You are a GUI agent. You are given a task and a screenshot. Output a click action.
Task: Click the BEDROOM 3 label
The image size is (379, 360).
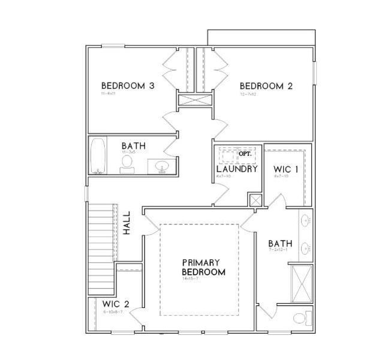(x=128, y=86)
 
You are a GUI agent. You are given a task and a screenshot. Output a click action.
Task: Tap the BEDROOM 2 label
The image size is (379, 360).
(x=266, y=86)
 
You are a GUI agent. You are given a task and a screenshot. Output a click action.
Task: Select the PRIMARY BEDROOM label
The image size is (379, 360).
(x=203, y=268)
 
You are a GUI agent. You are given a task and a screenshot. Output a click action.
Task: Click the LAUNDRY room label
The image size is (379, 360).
(x=237, y=169)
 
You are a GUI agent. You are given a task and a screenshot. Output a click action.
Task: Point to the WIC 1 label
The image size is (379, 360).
(x=287, y=169)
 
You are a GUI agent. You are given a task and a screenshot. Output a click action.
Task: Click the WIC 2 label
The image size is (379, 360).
(x=115, y=304)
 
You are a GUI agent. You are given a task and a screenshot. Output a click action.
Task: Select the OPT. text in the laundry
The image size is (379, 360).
(x=245, y=154)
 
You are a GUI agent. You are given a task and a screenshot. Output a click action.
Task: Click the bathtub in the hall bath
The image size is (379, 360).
(x=99, y=156)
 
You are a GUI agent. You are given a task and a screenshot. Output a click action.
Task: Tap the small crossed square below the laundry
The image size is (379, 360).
(x=255, y=200)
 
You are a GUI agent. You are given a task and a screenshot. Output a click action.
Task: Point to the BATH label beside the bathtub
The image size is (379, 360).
(x=133, y=146)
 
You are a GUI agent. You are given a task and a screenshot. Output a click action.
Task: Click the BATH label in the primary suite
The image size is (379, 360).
(x=280, y=243)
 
